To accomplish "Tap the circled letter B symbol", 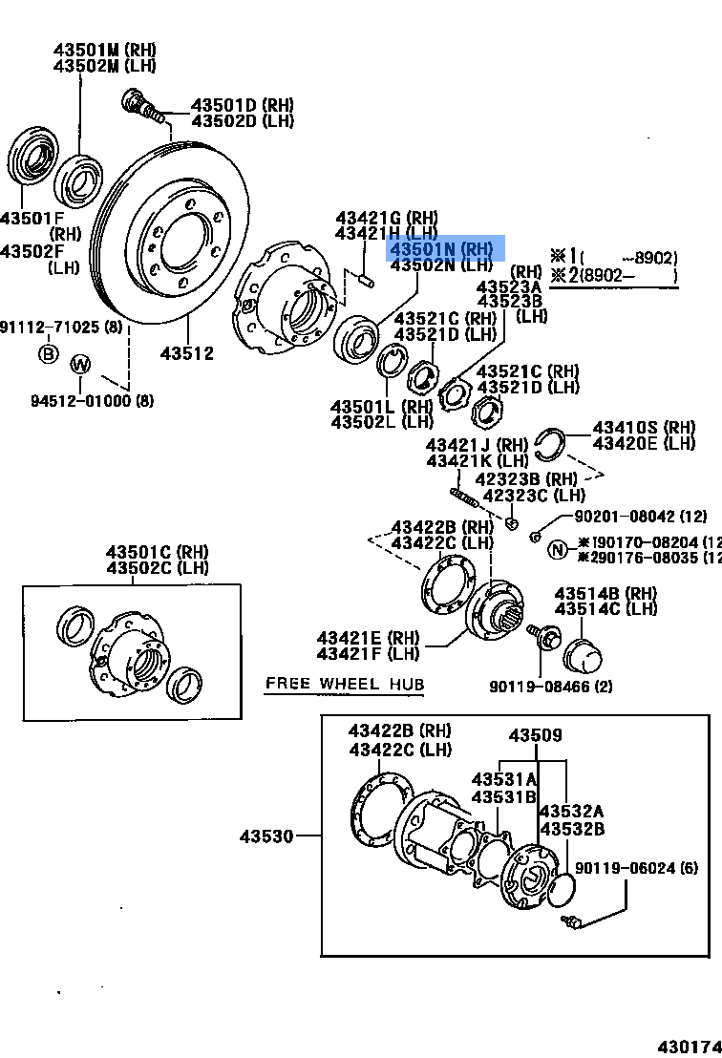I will pos(48,354).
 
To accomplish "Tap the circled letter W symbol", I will pos(81,364).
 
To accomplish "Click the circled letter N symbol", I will pos(557,549).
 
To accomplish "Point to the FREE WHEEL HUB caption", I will pos(344,684).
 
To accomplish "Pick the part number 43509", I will pos(535,735).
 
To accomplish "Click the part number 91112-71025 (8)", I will pos(62,328).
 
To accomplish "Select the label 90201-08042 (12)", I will pos(641,517).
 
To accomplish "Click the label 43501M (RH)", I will pos(104,50).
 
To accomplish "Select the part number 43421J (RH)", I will pos(477,445).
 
